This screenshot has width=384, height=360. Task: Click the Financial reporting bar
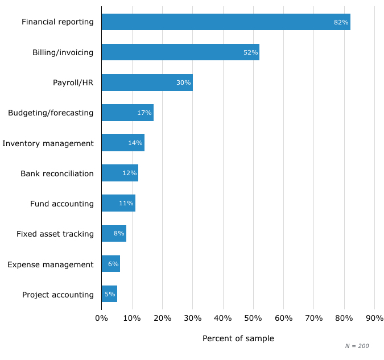point(226,22)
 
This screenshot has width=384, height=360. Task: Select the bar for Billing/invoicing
point(180,52)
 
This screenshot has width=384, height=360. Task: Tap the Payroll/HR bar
point(147,82)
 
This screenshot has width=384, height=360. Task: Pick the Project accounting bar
point(109,294)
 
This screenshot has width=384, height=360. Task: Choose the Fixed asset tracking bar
point(114,234)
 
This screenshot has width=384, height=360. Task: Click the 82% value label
point(341,22)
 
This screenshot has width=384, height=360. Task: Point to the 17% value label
point(144,113)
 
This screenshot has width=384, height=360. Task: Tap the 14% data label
point(135,143)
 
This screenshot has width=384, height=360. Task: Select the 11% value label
point(126,204)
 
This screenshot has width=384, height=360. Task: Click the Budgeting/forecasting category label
point(51,113)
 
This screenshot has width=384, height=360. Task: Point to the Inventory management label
point(48,143)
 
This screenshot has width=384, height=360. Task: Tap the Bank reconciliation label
point(57,173)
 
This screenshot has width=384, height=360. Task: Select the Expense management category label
point(51,264)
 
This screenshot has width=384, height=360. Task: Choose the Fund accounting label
point(62,204)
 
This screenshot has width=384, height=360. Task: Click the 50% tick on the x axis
point(253,318)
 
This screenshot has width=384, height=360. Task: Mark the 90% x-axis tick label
point(374,318)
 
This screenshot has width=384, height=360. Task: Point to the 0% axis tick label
point(101,318)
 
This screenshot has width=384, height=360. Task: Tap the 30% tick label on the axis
point(192,318)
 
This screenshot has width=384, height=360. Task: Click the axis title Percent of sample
point(238,338)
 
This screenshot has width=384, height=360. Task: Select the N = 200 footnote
point(357,346)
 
